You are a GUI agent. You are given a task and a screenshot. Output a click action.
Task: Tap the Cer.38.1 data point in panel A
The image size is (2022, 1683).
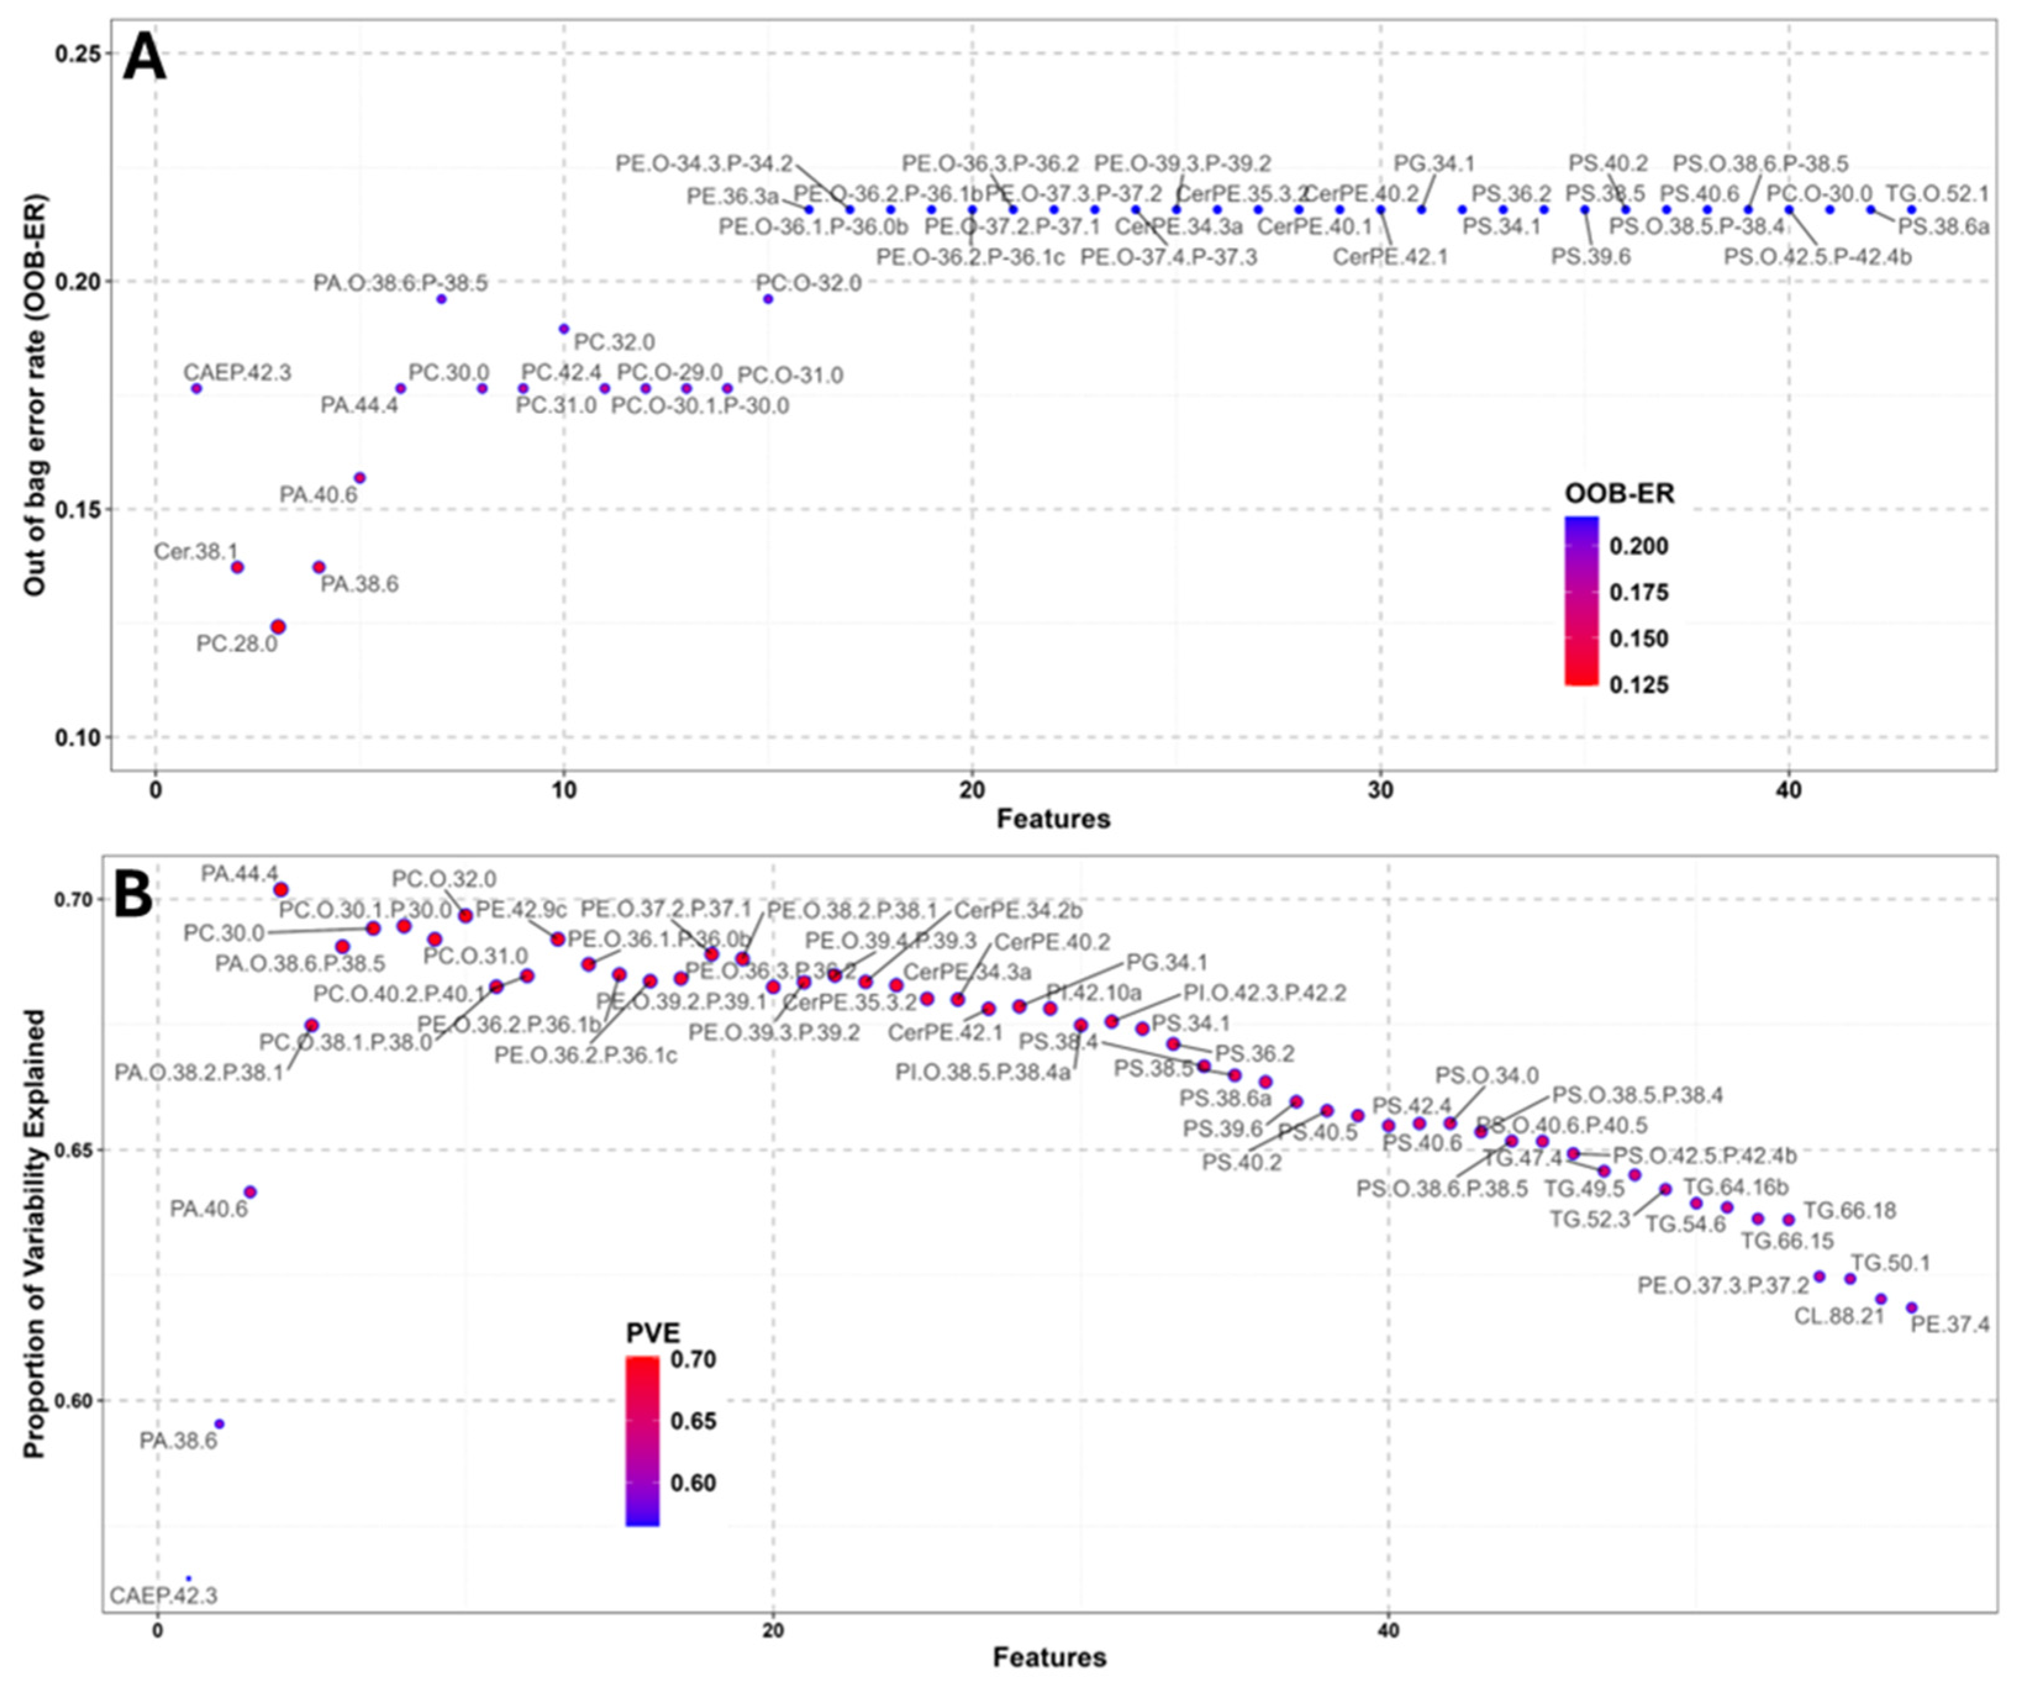(238, 567)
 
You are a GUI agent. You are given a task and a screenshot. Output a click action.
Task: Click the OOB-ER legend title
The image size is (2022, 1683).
(1618, 494)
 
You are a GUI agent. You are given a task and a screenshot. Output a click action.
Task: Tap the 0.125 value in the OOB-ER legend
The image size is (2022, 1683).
(1639, 685)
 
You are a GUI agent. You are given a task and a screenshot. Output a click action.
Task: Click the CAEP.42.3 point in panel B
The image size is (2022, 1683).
(189, 1579)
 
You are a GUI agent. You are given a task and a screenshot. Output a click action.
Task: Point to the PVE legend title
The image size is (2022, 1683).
(653, 1333)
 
